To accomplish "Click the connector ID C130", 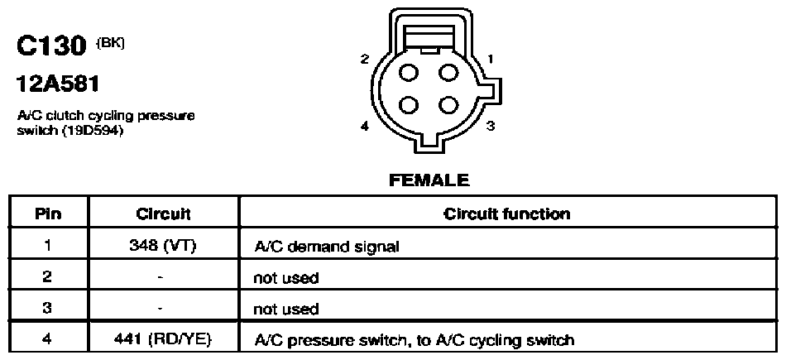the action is (x=51, y=47).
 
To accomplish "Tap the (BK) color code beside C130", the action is (x=110, y=42).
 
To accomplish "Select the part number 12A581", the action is (x=58, y=84).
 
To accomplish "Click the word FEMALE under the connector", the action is (x=429, y=180).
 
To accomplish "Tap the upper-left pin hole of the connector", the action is (x=409, y=73).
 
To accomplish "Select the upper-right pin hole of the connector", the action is (x=448, y=73).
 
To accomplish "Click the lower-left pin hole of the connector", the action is (x=409, y=105).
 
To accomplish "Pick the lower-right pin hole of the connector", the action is (x=448, y=105).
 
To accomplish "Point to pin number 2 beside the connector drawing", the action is (x=365, y=59).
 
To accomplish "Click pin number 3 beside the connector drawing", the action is (x=491, y=126).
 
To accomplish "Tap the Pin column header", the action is (x=49, y=214).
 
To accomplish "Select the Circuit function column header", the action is (x=507, y=214).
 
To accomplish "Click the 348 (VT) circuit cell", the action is (x=163, y=246).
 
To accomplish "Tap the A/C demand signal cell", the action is (x=327, y=247).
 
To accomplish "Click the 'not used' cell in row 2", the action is (x=286, y=277).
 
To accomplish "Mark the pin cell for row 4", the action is (x=48, y=340).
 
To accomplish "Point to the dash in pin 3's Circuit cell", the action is (x=160, y=309).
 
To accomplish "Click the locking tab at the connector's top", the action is (x=429, y=39).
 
